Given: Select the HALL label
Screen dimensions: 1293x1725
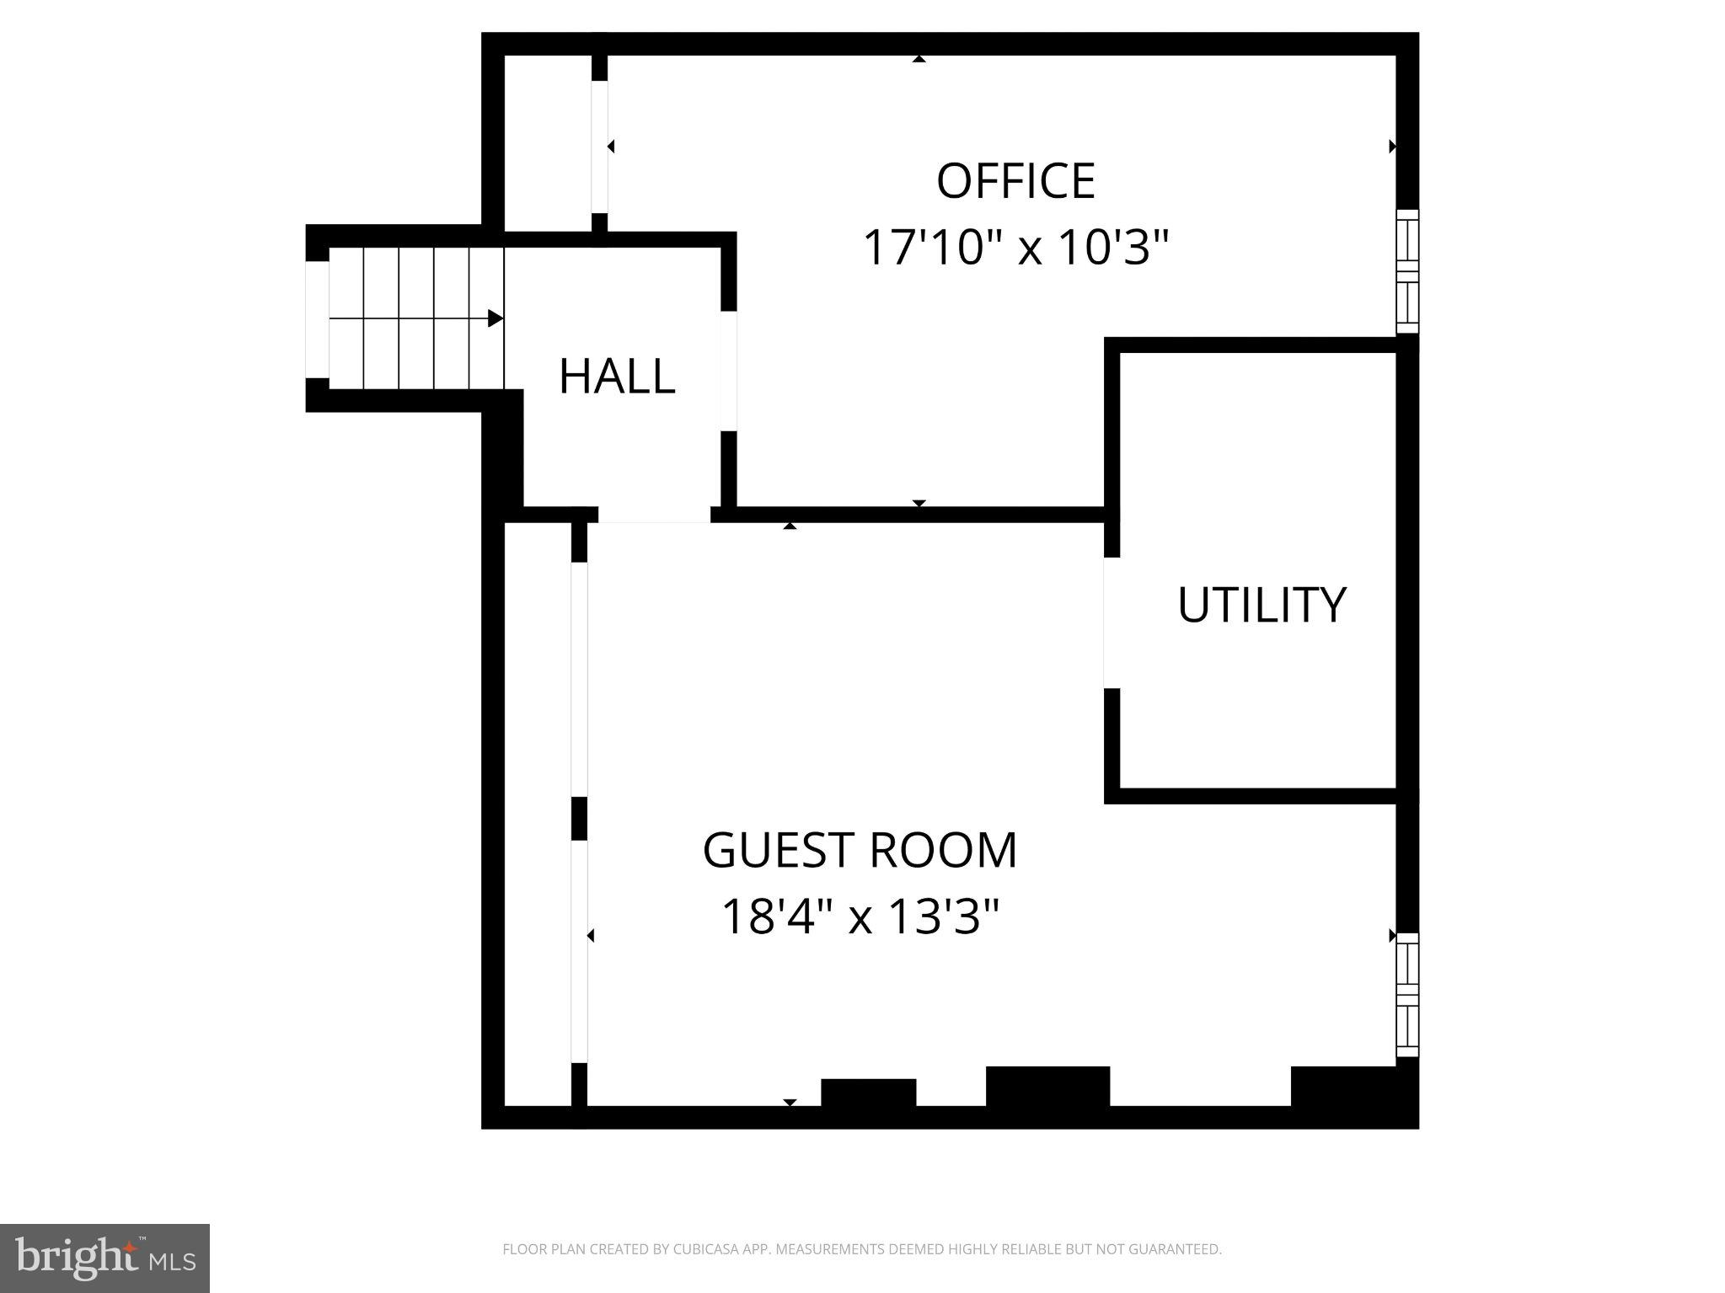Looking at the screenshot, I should (617, 377).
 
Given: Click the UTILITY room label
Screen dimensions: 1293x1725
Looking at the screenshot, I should (1261, 605).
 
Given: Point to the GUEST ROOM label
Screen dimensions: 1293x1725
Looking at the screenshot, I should (860, 850).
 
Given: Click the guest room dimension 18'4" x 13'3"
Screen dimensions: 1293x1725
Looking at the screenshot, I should (860, 916).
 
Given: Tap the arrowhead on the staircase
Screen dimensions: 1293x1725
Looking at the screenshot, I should (496, 318).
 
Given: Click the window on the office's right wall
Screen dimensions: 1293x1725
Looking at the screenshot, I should (1407, 271).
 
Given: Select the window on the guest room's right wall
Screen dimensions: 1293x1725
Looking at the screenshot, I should (1407, 994).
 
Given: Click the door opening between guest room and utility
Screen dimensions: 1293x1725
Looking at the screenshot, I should (1112, 622).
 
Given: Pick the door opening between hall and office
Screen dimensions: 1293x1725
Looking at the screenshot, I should (729, 371).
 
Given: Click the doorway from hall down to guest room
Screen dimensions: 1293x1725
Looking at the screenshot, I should (654, 515).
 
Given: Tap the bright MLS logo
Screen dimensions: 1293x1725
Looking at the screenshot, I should (104, 1258).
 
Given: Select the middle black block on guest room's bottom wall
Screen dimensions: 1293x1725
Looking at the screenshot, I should (1047, 1087).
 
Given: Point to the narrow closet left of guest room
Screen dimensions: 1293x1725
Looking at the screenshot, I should (537, 813).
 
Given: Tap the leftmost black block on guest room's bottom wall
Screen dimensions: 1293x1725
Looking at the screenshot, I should (868, 1093).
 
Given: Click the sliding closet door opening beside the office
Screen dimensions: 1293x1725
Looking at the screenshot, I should (599, 147).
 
